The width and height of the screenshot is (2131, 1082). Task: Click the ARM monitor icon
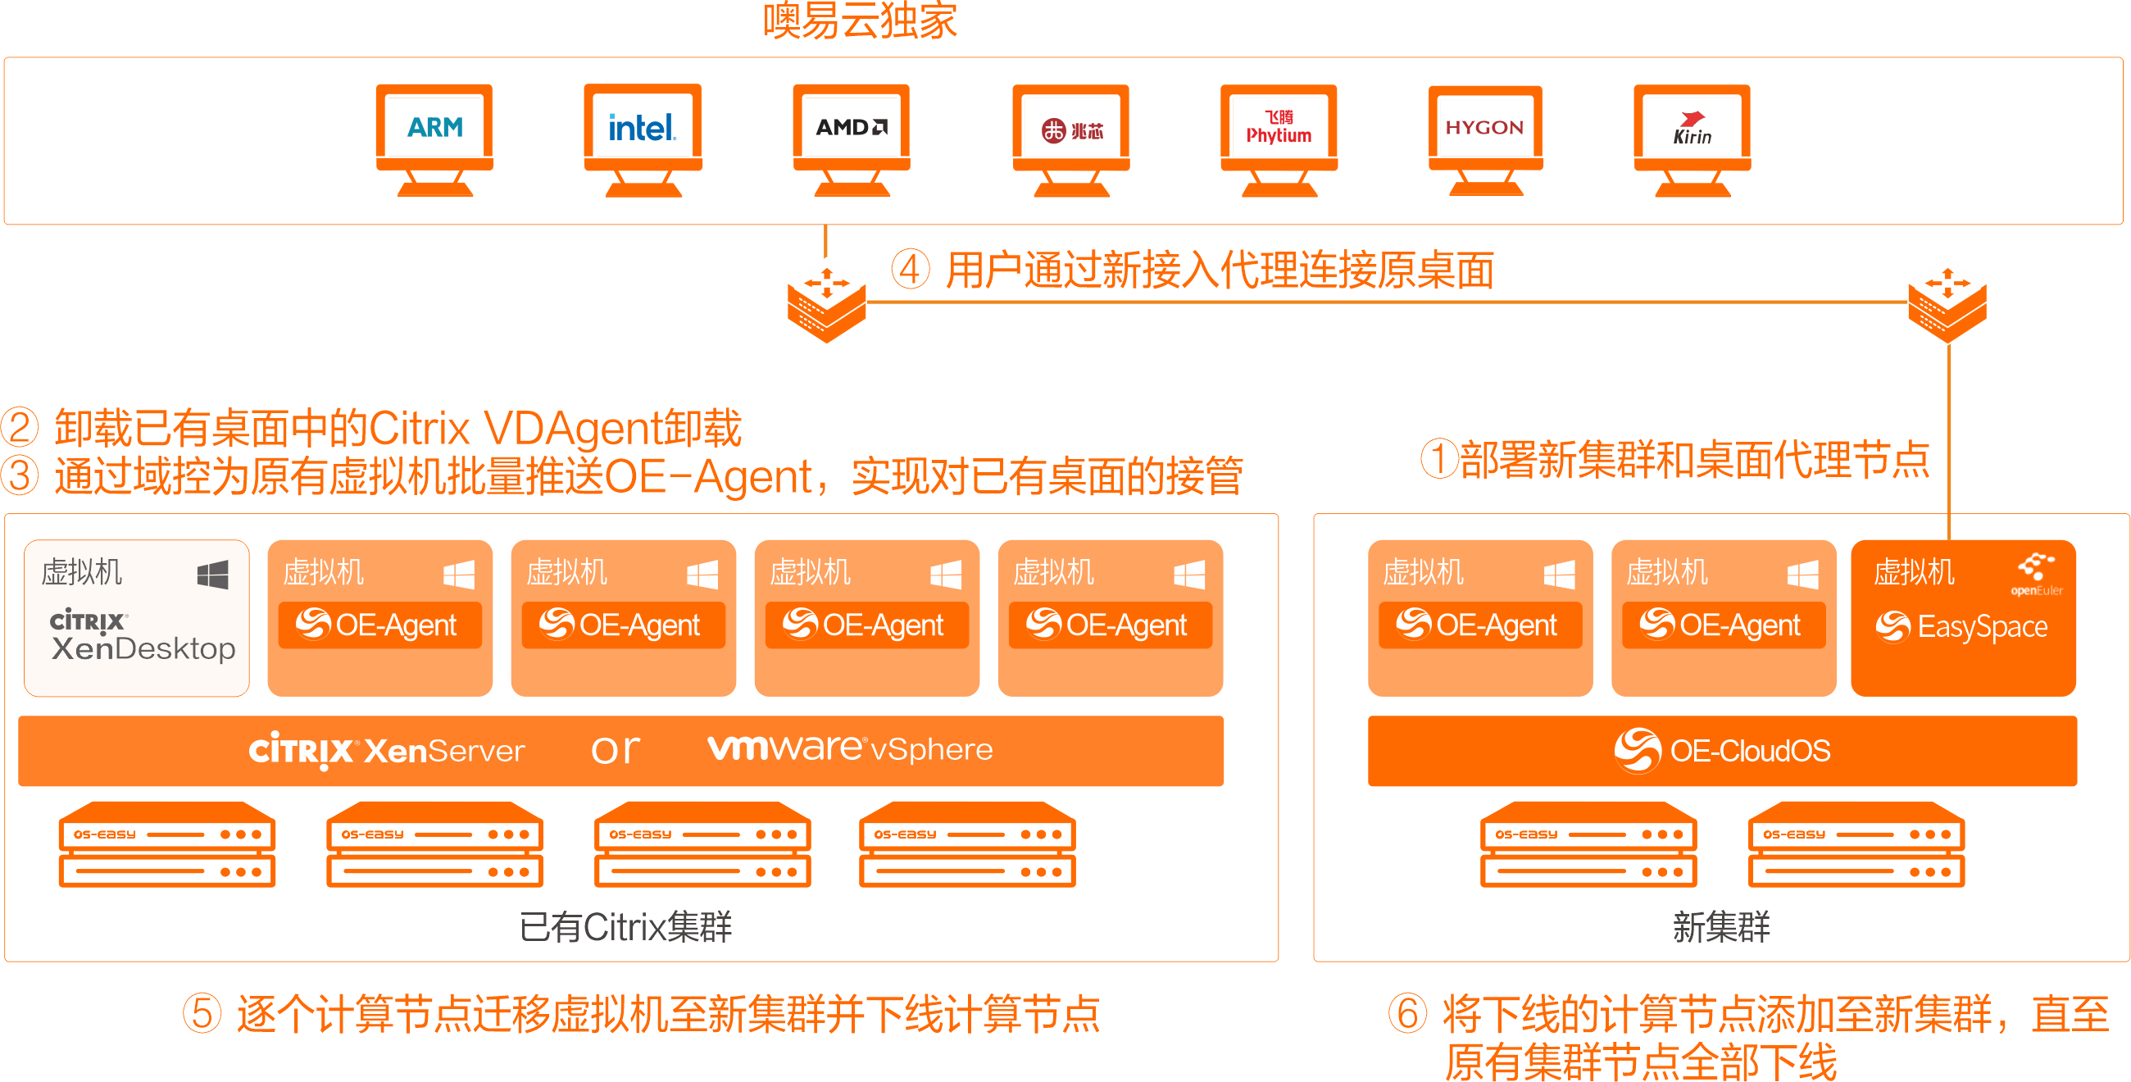coord(434,137)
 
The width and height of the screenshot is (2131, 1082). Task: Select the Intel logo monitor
coord(643,137)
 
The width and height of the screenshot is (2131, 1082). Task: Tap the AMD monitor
coord(852,137)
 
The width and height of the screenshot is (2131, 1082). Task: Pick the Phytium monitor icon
coord(1279,137)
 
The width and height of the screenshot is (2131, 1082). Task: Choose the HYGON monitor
coord(1485,137)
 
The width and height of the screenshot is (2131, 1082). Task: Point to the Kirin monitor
coord(1692,137)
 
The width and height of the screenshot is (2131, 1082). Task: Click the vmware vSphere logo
coord(850,748)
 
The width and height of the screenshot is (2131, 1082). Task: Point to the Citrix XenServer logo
coord(386,750)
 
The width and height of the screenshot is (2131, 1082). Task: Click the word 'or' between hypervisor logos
coord(616,749)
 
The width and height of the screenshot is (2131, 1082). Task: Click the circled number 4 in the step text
coord(910,270)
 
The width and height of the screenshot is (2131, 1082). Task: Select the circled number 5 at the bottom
coord(202,1013)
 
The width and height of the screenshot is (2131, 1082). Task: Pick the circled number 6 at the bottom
coord(1407,1013)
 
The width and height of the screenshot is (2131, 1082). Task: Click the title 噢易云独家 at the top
coord(860,20)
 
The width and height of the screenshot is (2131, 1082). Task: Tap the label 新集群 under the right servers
coord(1721,926)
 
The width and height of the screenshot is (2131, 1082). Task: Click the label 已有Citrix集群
coord(625,926)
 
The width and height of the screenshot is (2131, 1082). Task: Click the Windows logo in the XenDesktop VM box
coord(212,574)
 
